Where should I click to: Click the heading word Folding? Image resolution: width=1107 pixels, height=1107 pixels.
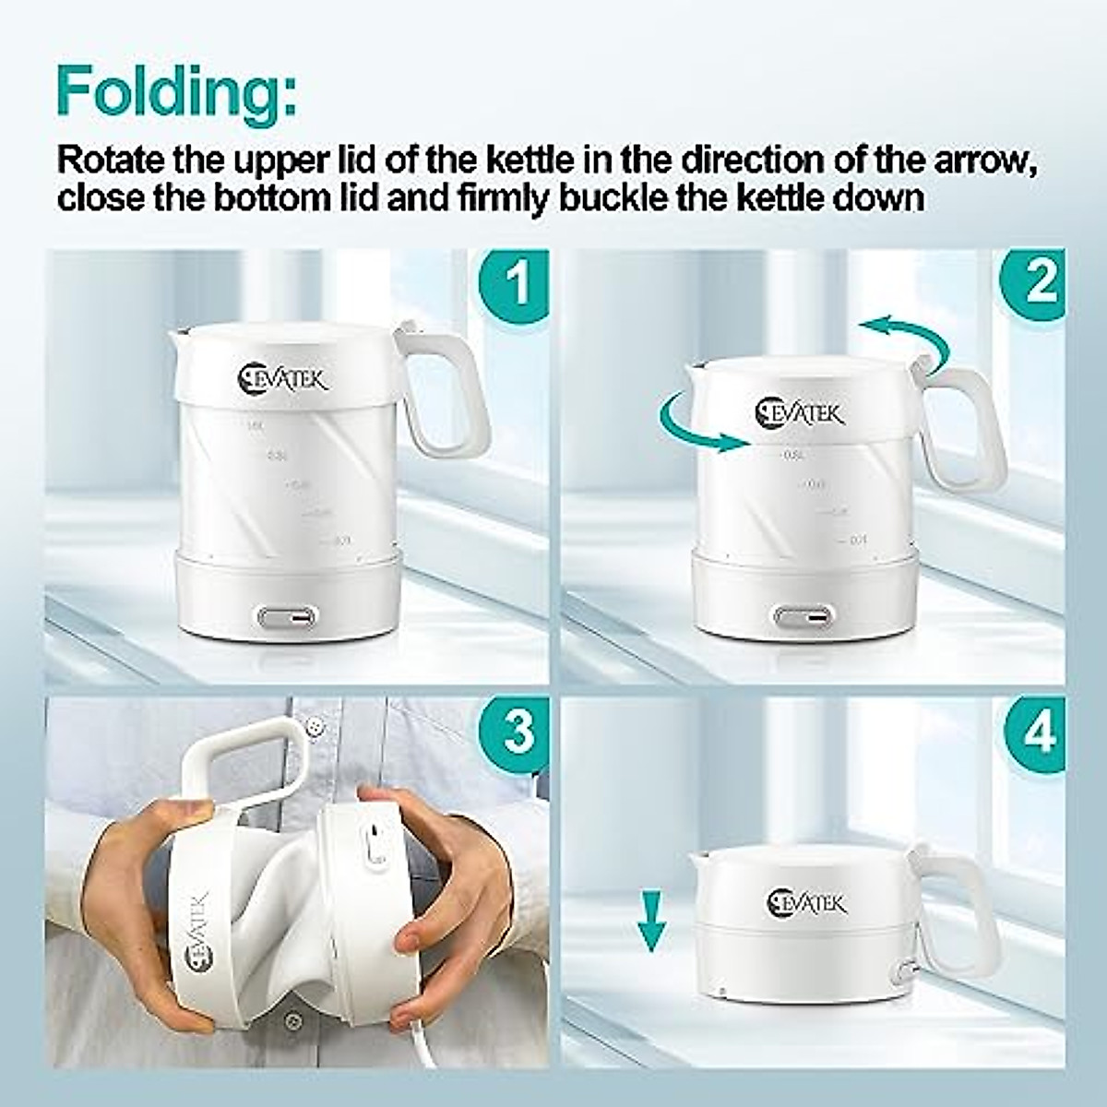[x=175, y=90]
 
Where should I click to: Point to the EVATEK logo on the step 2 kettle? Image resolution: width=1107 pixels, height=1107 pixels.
[x=799, y=411]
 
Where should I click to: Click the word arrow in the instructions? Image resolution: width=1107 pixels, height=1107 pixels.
[x=993, y=161]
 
